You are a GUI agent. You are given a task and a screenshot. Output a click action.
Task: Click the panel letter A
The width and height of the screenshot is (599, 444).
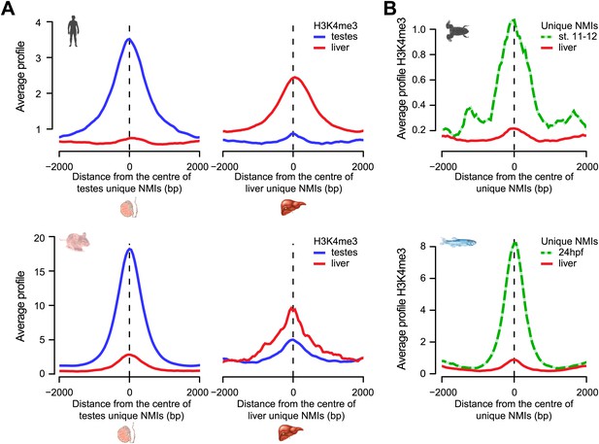coord(8,8)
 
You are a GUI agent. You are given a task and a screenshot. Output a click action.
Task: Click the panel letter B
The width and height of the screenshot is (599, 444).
coord(390,8)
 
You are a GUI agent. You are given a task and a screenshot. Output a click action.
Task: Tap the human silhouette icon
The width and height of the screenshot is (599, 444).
coord(73,31)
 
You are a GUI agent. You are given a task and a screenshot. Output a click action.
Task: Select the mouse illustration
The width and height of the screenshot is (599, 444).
coord(75,242)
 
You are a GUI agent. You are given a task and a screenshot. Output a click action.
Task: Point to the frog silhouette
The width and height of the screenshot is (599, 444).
coord(457,31)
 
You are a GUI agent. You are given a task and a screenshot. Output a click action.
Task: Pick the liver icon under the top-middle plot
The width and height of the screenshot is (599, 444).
coord(293,209)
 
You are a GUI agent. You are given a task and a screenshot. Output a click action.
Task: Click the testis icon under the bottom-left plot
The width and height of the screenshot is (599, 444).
coord(127,433)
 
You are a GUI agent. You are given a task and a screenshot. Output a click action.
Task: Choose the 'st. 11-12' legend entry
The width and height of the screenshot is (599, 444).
coord(569,37)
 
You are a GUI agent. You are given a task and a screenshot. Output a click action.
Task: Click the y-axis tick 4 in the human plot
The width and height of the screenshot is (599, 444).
coord(38,22)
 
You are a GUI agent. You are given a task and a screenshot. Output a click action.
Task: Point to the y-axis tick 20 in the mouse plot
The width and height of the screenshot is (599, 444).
coord(40,237)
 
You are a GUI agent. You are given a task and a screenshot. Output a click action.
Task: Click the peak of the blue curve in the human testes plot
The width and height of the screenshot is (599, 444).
coord(129,39)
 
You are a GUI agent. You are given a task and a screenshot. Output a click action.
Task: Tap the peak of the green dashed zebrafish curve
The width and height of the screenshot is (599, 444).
coord(515,243)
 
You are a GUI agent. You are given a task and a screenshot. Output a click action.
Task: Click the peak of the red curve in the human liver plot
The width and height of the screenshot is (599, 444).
coord(293,78)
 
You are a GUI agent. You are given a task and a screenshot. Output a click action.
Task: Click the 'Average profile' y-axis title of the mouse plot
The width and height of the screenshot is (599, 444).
coord(20,306)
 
